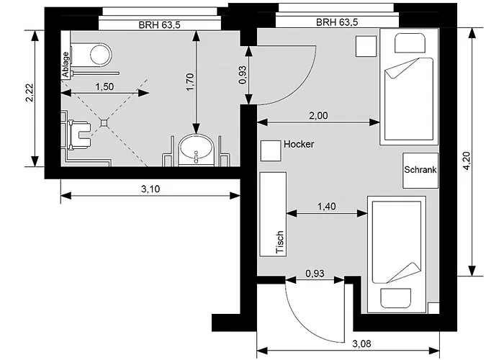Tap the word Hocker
pos(299,145)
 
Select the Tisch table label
pos(280,242)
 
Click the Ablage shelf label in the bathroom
pos(66,64)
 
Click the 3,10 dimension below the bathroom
pos(149,189)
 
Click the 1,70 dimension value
pos(190,84)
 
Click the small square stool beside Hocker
pos(271,150)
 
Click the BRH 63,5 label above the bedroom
pos(337,22)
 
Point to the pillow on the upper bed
pos(406,42)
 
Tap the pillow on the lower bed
pos(397,298)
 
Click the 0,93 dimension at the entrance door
pos(315,274)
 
